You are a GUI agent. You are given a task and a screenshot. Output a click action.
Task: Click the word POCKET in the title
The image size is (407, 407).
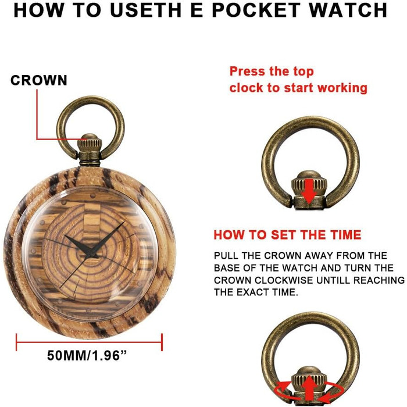[x=256, y=10]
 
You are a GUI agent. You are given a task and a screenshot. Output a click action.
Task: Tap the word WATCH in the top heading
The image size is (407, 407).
[x=348, y=10]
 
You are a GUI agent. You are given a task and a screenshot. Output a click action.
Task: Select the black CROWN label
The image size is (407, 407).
[x=39, y=80]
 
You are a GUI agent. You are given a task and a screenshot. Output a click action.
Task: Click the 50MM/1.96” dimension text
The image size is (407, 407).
[x=87, y=355]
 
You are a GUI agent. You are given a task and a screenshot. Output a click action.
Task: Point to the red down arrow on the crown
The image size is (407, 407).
[x=308, y=191]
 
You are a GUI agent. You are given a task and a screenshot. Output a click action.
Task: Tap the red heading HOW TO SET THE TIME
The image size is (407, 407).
[x=287, y=235]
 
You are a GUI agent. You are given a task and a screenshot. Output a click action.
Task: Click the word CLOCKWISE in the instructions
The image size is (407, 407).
[x=284, y=280]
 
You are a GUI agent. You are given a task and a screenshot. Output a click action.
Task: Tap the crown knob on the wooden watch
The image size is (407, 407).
[x=90, y=142]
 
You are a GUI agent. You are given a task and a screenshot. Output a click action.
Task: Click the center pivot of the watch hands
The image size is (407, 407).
[x=89, y=254]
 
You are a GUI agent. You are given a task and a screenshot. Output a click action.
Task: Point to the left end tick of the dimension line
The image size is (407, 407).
[x=17, y=342]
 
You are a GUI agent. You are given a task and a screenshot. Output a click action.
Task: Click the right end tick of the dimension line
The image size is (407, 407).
[x=162, y=342]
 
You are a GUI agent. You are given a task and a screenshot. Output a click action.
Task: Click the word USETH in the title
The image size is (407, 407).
[x=145, y=10]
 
